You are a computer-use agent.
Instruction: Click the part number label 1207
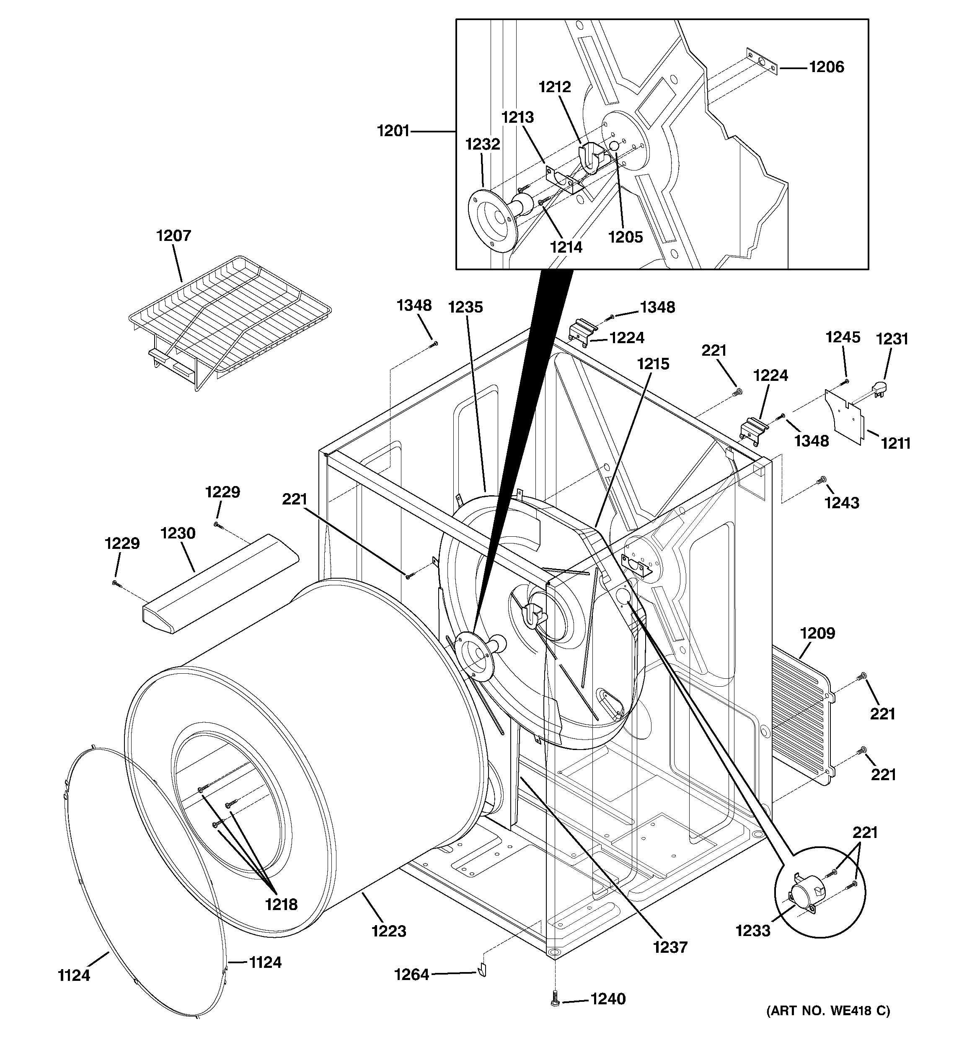[x=174, y=236]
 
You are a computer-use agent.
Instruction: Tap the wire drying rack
[x=230, y=318]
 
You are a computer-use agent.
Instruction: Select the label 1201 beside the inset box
[x=393, y=131]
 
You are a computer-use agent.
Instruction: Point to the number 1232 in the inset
[x=483, y=144]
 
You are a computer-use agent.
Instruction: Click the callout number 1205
[x=625, y=237]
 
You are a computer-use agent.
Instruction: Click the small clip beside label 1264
[x=481, y=971]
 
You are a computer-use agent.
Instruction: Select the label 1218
[x=281, y=904]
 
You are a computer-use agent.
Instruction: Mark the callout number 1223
[x=389, y=931]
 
